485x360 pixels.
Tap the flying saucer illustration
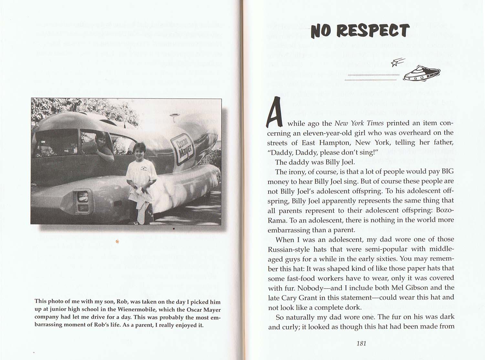click(x=422, y=73)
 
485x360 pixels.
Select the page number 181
click(x=361, y=344)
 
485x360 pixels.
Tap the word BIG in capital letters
click(x=448, y=171)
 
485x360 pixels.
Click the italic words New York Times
click(x=359, y=123)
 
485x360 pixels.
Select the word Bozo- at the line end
click(x=445, y=210)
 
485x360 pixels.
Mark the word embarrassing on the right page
click(x=289, y=230)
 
